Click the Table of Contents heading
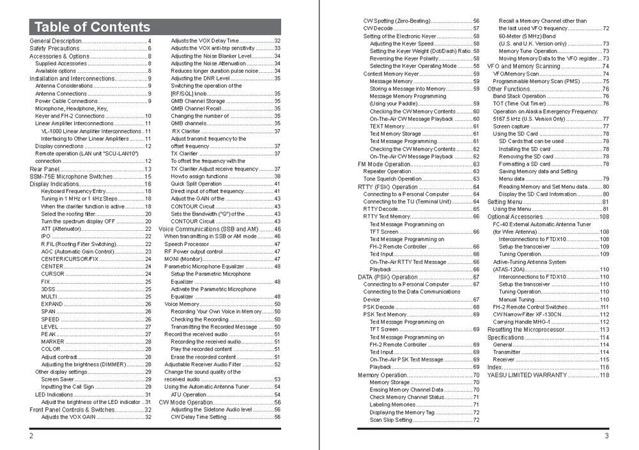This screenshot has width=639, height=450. [92, 27]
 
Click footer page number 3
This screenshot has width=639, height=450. [606, 436]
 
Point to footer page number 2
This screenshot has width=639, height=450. [31, 436]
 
